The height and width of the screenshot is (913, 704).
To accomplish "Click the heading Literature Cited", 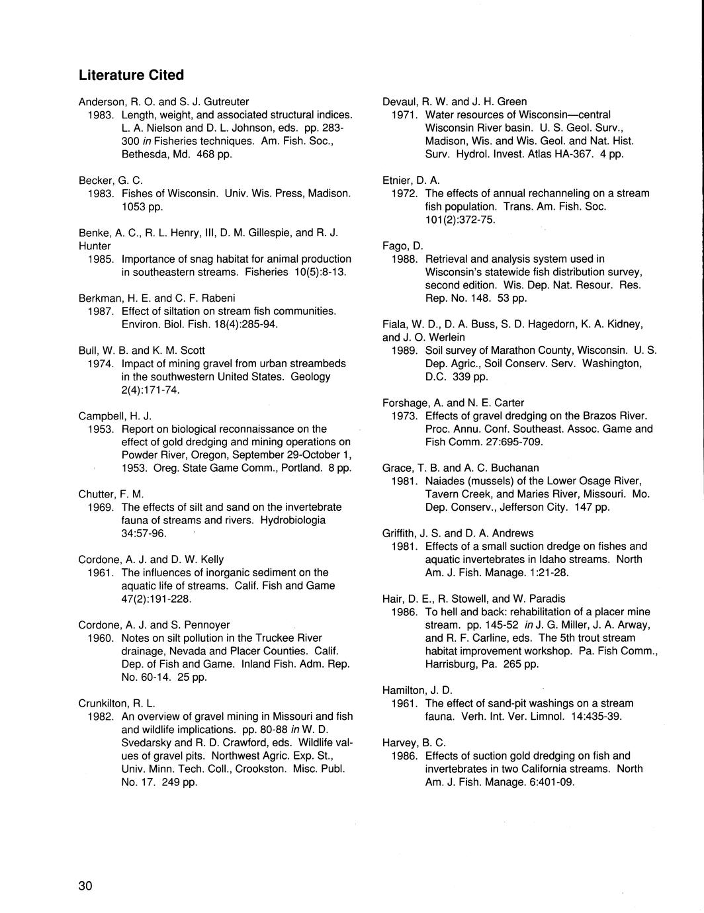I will pos(131,75).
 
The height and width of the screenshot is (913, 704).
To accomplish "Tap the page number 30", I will pos(86,887).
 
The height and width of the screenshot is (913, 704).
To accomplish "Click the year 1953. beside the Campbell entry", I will pos(101,429).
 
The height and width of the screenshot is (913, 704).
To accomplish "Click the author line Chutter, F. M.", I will pos(111,494).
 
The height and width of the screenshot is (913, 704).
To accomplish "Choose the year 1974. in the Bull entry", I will pos(101,363).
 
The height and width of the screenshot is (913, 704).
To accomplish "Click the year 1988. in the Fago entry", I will pos(404,259).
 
